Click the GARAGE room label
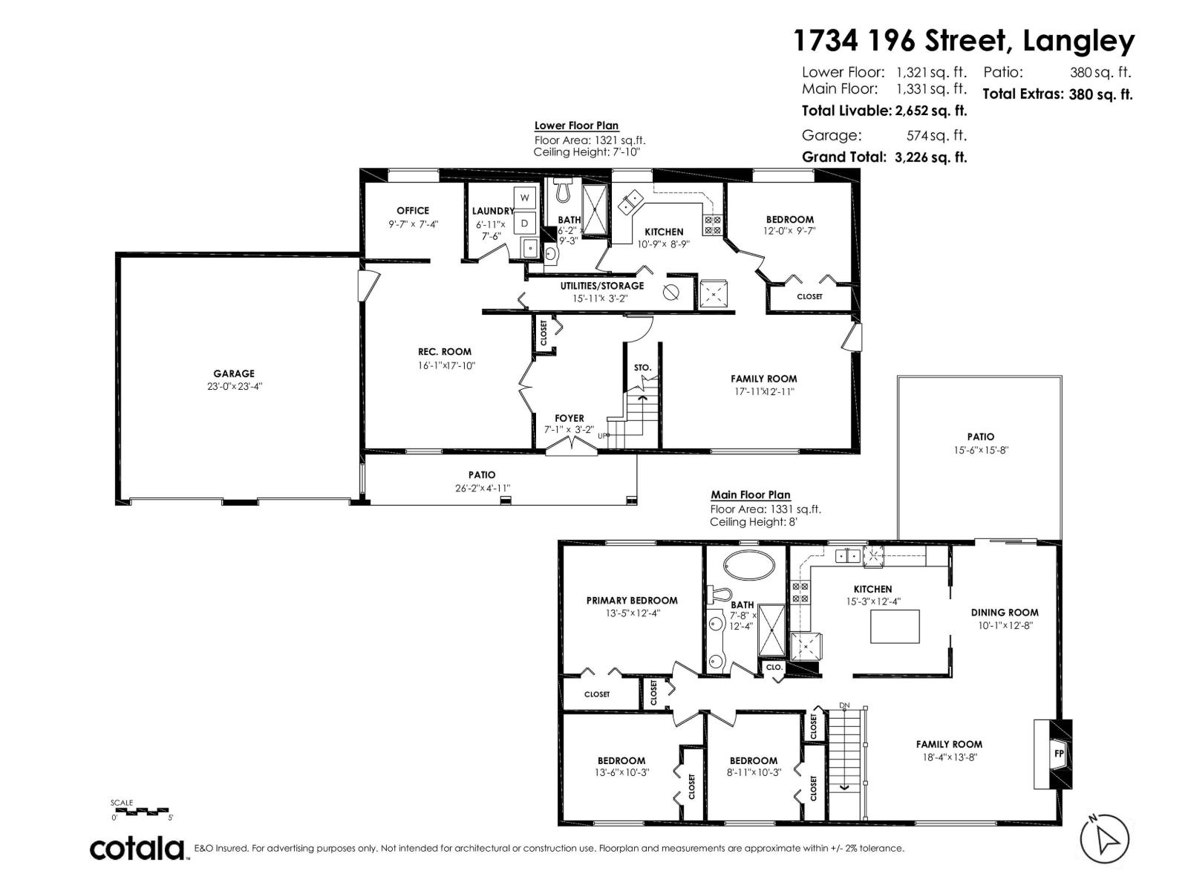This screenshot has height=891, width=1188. [233, 373]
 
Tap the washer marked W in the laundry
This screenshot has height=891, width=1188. [524, 198]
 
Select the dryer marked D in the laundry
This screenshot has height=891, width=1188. [524, 222]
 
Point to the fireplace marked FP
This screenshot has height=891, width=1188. [1058, 753]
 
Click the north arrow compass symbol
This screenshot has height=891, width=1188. [1104, 839]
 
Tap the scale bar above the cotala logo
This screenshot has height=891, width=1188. [142, 812]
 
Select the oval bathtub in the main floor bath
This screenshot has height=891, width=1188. [749, 565]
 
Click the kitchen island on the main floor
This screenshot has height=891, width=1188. [894, 627]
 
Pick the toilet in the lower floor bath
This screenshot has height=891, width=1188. [564, 190]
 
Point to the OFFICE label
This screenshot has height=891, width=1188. [412, 210]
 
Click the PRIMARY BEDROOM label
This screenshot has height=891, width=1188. [632, 600]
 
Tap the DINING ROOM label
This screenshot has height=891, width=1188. [1004, 613]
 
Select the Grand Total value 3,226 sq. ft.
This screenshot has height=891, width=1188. [931, 157]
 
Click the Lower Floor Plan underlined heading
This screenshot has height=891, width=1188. [576, 126]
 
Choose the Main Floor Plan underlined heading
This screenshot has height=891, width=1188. [750, 495]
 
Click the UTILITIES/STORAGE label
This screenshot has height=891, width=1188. [602, 286]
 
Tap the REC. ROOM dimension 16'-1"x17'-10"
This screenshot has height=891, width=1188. [446, 365]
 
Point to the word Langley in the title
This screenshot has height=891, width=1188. [1078, 42]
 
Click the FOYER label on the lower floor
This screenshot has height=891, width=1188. [569, 418]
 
